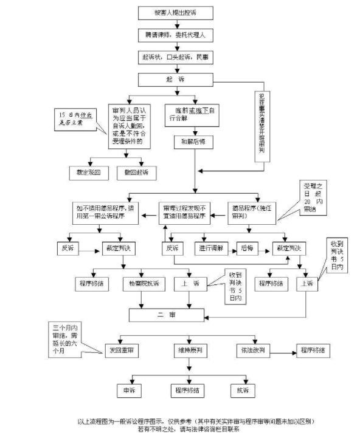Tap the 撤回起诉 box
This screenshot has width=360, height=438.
pyautogui.click(x=140, y=173)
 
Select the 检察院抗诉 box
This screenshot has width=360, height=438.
pyautogui.click(x=144, y=283)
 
